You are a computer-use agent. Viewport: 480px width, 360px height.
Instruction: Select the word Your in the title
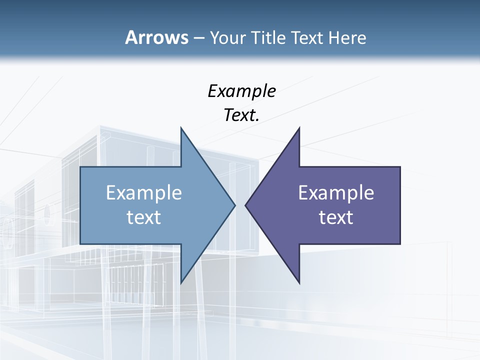[226, 38]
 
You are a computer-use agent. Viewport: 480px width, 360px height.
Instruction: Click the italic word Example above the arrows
[241, 91]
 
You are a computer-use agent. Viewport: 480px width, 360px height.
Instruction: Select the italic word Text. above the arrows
[241, 115]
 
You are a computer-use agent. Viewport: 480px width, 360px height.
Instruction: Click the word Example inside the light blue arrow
[144, 192]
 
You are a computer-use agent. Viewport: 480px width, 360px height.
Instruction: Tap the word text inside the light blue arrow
[144, 217]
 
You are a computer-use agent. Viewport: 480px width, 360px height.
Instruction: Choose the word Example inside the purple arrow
[336, 192]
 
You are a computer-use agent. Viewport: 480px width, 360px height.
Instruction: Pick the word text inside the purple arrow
[336, 217]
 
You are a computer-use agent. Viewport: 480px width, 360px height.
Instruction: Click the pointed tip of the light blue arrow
[234, 205]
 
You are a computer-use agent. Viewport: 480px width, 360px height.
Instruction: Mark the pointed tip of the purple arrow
[245, 205]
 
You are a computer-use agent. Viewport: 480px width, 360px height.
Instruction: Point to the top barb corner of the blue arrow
[181, 128]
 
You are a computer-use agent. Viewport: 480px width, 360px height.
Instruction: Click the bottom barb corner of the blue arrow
[181, 283]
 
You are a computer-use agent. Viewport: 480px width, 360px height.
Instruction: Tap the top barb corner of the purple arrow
[299, 128]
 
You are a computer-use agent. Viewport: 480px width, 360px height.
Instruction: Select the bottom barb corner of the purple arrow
[299, 283]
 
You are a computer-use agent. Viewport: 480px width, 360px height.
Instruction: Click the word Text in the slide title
[305, 38]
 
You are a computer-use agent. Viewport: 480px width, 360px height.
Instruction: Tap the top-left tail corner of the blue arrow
[81, 167]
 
